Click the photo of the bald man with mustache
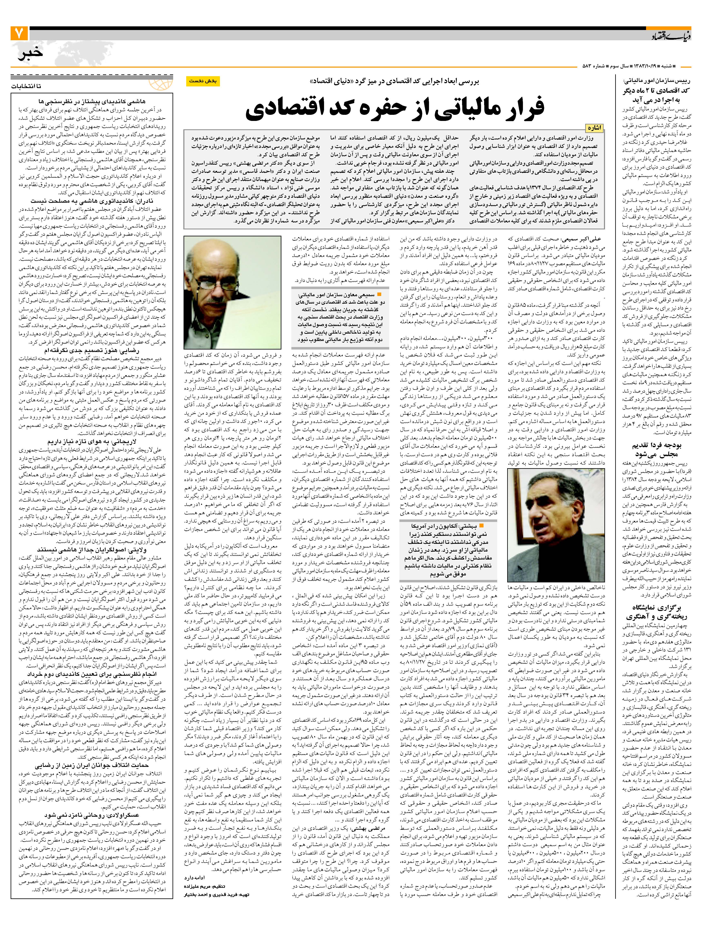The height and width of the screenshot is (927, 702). (232, 292)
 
